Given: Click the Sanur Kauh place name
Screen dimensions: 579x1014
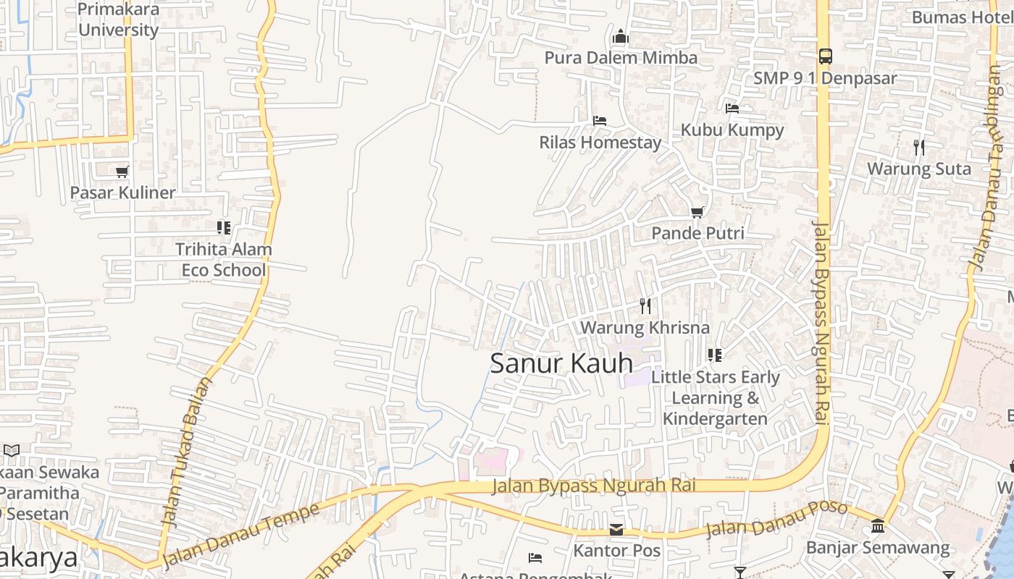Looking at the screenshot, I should click(561, 363).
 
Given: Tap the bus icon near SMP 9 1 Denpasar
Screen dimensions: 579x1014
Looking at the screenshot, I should click(825, 56).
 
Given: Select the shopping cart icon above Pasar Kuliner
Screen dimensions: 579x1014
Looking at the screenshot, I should click(122, 172).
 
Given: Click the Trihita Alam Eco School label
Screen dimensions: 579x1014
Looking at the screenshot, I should click(224, 260).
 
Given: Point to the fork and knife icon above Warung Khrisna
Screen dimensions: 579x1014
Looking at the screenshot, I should click(645, 306).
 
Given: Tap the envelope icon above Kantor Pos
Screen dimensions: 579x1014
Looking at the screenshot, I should click(616, 530).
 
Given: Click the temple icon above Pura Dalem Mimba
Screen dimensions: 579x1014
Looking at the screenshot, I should click(621, 37).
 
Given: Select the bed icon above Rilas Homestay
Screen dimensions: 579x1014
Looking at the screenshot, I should click(599, 121).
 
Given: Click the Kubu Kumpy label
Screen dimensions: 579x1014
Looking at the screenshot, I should click(732, 130).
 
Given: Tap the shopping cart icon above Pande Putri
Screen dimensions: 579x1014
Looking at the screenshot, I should click(697, 212).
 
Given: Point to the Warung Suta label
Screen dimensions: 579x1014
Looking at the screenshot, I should click(919, 169).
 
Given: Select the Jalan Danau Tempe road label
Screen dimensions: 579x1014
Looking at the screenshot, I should click(241, 535).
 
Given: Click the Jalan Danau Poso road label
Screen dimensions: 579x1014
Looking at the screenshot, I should click(776, 519).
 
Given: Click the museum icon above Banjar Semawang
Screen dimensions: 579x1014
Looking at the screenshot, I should click(878, 525).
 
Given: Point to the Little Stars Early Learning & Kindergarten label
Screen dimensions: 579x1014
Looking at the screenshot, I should click(715, 398).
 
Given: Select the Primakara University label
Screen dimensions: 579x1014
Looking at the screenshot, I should click(118, 20).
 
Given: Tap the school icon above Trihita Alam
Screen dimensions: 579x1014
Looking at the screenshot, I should click(224, 228).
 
